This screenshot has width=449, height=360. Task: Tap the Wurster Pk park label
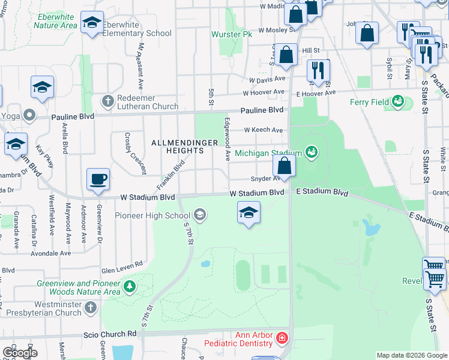(231, 34)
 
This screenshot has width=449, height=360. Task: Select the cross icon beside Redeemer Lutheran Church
(108, 100)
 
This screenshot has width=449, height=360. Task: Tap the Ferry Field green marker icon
(398, 102)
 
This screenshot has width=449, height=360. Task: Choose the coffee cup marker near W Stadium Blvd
(98, 179)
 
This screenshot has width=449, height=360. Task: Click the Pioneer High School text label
(152, 215)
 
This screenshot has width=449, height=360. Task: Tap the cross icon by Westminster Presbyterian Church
(90, 308)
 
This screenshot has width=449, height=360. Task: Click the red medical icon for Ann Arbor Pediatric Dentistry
(281, 340)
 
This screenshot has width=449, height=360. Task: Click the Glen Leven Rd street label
(122, 263)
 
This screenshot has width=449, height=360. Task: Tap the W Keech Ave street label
(263, 130)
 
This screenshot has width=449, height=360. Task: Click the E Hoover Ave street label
(314, 93)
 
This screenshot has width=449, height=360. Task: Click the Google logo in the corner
(19, 353)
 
